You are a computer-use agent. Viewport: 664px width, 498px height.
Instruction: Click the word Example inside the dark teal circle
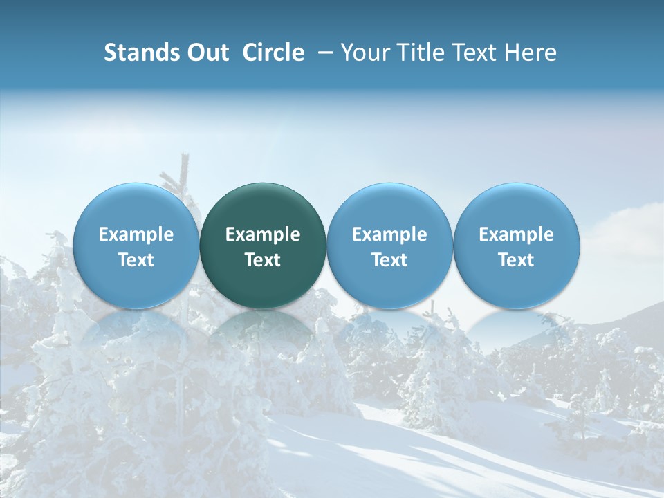pyautogui.click(x=263, y=234)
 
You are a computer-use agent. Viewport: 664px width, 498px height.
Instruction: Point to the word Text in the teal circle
pyautogui.click(x=263, y=260)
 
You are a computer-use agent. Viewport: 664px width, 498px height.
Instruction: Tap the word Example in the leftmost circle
pyautogui.click(x=136, y=234)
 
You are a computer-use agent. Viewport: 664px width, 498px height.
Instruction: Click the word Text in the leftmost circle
pyautogui.click(x=136, y=260)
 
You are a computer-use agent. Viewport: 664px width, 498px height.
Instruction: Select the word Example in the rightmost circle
pyautogui.click(x=516, y=234)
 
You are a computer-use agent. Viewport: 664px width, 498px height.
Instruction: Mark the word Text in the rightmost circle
pyautogui.click(x=516, y=260)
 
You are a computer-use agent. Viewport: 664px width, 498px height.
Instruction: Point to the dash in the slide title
pyautogui.click(x=322, y=53)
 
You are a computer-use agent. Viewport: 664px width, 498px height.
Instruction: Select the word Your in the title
pyautogui.click(x=364, y=53)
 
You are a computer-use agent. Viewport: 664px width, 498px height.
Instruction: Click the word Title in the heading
pyautogui.click(x=417, y=53)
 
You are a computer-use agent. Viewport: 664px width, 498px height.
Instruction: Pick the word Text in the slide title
pyautogui.click(x=472, y=53)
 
